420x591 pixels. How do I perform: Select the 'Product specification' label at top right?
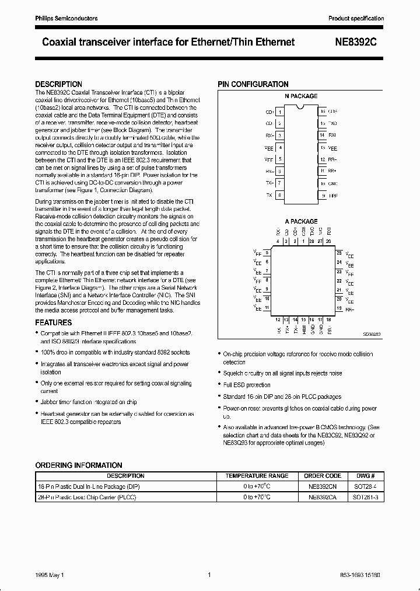point(356,19)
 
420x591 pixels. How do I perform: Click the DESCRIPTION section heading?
point(59,84)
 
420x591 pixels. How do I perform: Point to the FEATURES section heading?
point(54,322)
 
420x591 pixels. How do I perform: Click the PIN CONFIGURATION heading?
point(253,84)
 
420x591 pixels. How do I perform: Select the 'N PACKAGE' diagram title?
point(301,96)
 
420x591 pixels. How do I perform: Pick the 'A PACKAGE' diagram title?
point(301,221)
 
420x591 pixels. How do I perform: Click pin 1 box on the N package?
point(280,112)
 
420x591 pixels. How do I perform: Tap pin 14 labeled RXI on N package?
point(322,135)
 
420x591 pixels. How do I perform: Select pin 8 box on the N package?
point(280,195)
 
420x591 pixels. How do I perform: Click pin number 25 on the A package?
point(339,253)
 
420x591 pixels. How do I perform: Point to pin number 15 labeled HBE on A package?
point(304,320)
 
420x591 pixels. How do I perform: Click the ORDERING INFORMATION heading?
point(79,465)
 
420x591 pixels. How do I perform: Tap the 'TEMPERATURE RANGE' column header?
point(257,475)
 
